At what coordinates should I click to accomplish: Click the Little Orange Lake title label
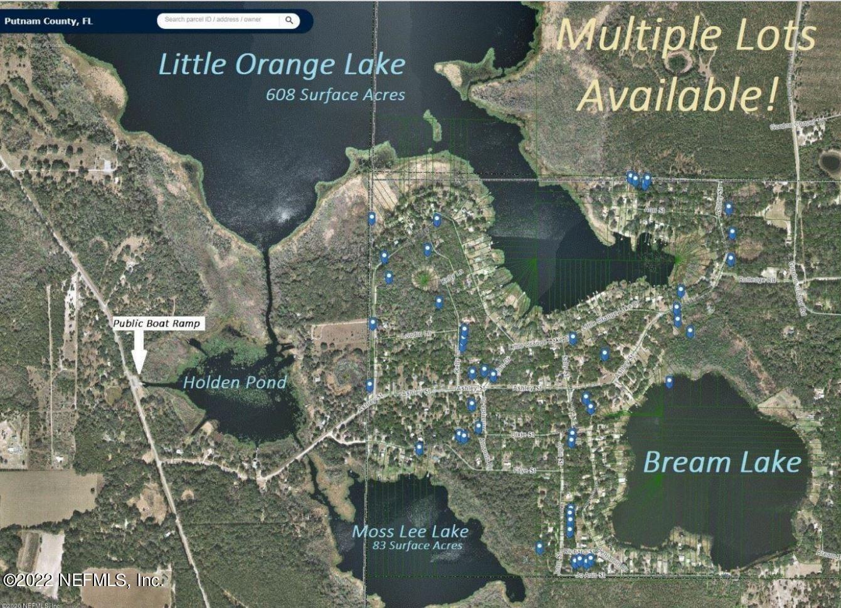pyautogui.click(x=282, y=65)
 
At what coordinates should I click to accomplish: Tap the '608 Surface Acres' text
pyautogui.click(x=335, y=95)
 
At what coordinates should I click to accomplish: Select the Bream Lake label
pyautogui.click(x=722, y=463)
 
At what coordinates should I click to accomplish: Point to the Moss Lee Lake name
pyautogui.click(x=410, y=532)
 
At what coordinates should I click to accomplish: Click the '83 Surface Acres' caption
pyautogui.click(x=417, y=545)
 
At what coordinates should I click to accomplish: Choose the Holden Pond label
pyautogui.click(x=235, y=382)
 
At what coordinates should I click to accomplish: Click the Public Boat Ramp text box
pyautogui.click(x=157, y=323)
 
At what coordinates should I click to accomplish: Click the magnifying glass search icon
pyautogui.click(x=289, y=20)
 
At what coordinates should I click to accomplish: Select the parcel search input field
pyautogui.click(x=218, y=20)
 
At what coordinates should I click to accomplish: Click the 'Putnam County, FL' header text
pyautogui.click(x=48, y=21)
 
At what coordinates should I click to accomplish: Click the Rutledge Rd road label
pyautogui.click(x=758, y=280)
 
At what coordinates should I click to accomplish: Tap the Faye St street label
pyautogui.click(x=524, y=469)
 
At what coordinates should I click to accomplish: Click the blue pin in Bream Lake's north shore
pyautogui.click(x=669, y=382)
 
